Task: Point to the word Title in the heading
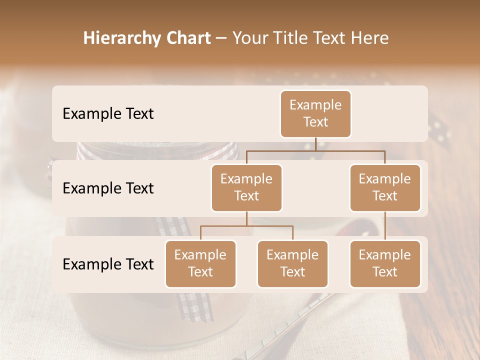point(295,38)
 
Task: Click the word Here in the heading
point(370,38)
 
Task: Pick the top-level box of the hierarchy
point(315,114)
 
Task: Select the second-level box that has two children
point(246,187)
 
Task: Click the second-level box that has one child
point(385,187)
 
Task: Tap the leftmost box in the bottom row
point(200,263)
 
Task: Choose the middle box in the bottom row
point(292,263)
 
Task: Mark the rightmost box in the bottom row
point(385,263)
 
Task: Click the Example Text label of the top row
point(108,114)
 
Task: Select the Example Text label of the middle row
point(108,188)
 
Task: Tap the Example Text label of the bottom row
point(108,264)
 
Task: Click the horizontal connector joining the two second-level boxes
point(315,150)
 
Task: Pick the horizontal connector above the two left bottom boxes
point(246,226)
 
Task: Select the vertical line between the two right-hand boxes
point(385,225)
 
